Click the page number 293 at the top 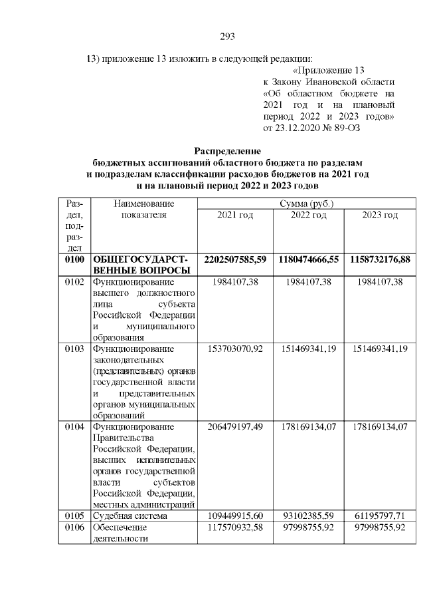[x=228, y=36]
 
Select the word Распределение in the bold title [x=228, y=151]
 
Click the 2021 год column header [x=235, y=215]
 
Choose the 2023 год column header [x=380, y=215]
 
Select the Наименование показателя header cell [x=144, y=209]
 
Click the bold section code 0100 [x=74, y=258]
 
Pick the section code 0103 [x=74, y=348]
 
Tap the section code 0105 [x=74, y=516]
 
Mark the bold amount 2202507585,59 [x=235, y=258]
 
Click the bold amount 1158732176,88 [x=380, y=258]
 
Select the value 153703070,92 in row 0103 [x=235, y=348]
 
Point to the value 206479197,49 [x=235, y=426]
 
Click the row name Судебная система [x=129, y=516]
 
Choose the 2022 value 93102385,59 [x=307, y=516]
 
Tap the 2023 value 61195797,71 [x=380, y=516]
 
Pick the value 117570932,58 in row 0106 [x=235, y=527]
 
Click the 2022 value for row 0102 [x=307, y=282]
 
